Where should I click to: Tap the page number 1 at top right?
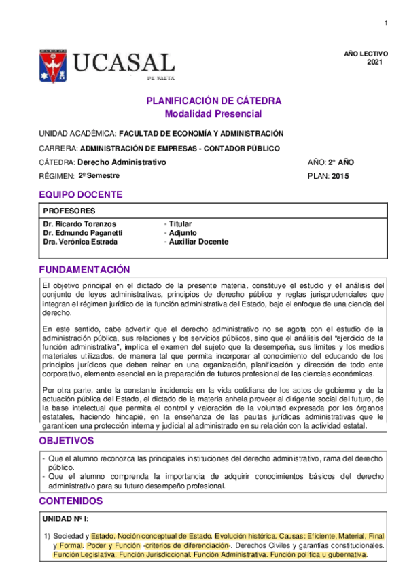[386, 24]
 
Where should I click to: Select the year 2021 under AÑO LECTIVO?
[375, 62]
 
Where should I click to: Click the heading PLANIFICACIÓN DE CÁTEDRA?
[214, 101]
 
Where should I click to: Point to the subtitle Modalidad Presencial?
[213, 113]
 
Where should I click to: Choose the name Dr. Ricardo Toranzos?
[79, 223]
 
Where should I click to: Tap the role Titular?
[180, 223]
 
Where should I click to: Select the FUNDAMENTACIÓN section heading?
[84, 269]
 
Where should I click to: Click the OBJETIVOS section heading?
[66, 441]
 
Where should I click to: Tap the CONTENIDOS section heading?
[71, 501]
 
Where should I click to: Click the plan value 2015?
[341, 176]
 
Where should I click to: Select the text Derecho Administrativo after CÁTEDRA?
[122, 162]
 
